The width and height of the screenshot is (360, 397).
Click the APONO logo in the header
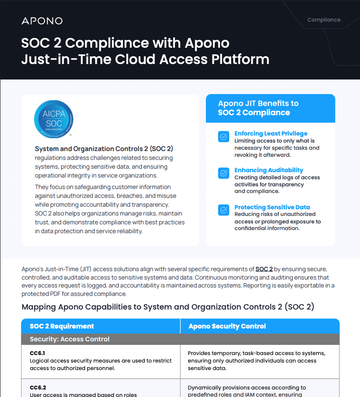click(42, 21)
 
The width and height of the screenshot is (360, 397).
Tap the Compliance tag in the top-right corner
click(324, 20)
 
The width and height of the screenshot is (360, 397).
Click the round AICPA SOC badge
click(54, 119)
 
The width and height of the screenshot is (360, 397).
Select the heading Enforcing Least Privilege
click(271, 133)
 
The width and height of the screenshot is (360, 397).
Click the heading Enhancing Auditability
click(269, 170)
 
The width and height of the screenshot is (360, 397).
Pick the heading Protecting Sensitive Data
click(272, 207)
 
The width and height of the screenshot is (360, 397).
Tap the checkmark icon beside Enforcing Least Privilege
click(224, 136)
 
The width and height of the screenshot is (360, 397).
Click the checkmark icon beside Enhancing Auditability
click(224, 173)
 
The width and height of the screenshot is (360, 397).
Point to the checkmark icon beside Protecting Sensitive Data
click(224, 210)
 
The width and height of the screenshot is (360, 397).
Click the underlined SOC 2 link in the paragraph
click(264, 269)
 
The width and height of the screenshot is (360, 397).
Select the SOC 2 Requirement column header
click(62, 326)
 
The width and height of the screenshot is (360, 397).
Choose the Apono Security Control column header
click(227, 326)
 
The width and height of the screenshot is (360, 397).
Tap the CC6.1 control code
click(38, 353)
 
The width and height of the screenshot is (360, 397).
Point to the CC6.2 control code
click(38, 388)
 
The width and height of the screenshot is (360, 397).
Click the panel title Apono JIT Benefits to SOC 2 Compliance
click(258, 108)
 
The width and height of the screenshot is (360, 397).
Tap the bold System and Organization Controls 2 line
click(104, 149)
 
